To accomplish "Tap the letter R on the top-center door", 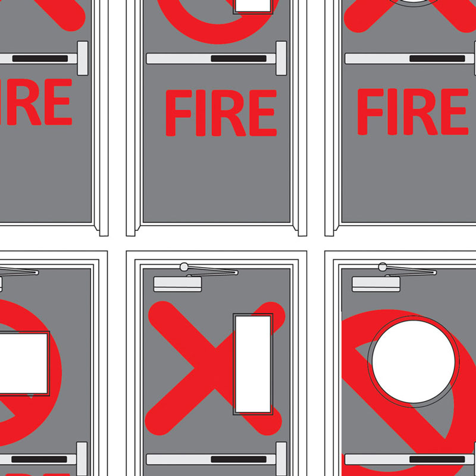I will [x=227, y=113].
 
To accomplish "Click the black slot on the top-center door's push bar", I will [x=239, y=59].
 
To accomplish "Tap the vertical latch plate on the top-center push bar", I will [x=281, y=58].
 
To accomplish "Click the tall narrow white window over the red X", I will [x=253, y=364].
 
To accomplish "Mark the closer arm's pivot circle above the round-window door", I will [x=383, y=266].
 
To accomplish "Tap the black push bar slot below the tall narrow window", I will [x=239, y=459].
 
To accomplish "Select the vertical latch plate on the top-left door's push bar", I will [x=82, y=58].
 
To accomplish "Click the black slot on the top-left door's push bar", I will [x=40, y=59].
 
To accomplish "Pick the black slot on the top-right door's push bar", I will [x=437, y=59].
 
